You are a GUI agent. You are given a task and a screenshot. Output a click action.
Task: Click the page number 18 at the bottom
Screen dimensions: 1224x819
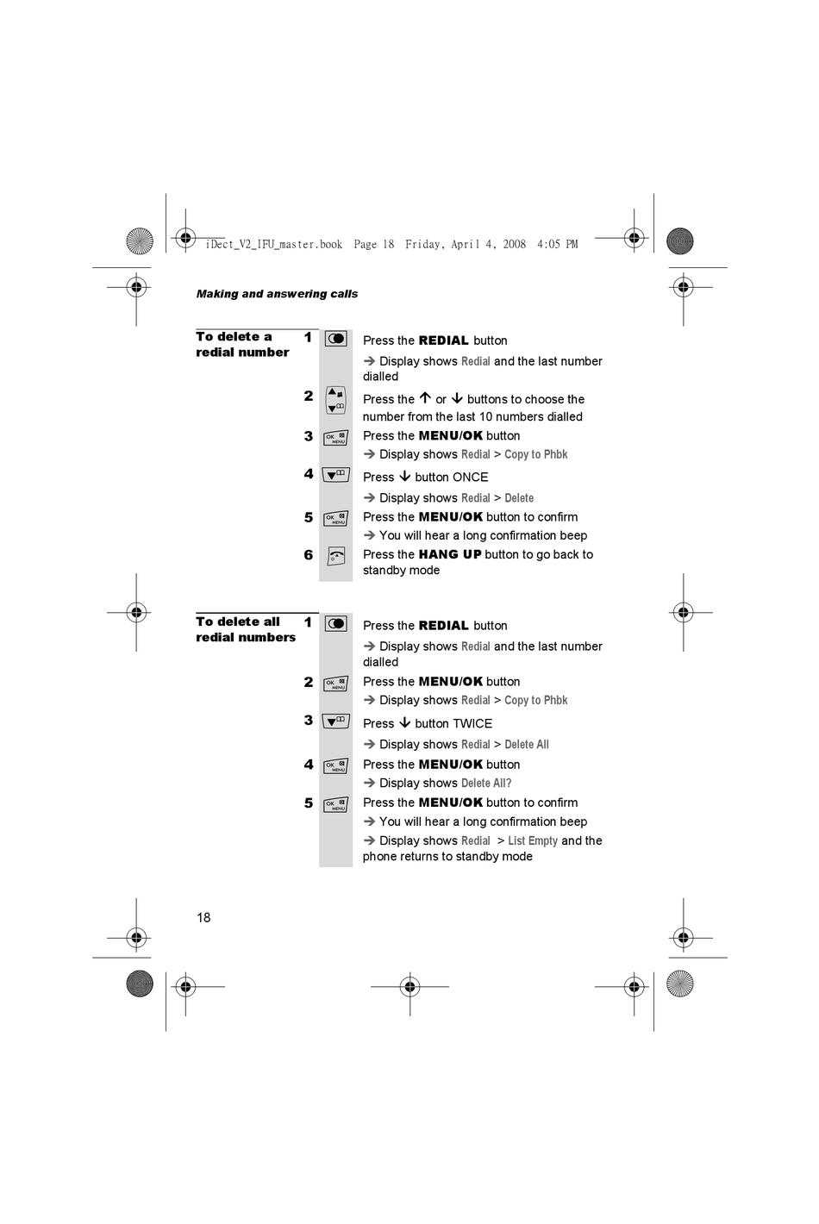[x=203, y=917]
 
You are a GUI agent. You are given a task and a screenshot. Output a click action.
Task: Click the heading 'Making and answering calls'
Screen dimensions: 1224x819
[x=277, y=294]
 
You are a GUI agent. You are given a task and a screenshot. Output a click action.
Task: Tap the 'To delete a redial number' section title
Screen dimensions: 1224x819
[x=242, y=345]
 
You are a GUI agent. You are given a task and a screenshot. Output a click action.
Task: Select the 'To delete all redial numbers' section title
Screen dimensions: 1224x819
[x=246, y=629]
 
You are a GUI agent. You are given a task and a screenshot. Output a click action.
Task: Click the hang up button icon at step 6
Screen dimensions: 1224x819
[x=335, y=556]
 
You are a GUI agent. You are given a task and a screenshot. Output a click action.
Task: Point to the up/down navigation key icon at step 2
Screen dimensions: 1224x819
[x=335, y=400]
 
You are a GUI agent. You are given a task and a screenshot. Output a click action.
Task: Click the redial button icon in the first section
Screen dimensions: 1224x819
[x=335, y=339]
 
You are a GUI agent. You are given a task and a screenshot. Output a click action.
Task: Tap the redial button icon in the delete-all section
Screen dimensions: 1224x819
[x=335, y=623]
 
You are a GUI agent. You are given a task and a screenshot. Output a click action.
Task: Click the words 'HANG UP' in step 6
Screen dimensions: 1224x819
[x=449, y=554]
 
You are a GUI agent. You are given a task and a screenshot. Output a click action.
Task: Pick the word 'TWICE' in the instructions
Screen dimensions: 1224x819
[x=472, y=723]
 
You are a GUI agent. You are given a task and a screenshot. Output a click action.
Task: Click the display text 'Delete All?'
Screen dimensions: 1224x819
[x=486, y=783]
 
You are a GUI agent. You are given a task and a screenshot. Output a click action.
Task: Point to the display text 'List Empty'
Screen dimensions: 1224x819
[x=533, y=840]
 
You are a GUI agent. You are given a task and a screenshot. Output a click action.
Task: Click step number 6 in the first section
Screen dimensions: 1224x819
[x=308, y=555]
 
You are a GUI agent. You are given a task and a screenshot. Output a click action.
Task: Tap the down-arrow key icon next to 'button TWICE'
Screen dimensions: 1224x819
[x=335, y=721]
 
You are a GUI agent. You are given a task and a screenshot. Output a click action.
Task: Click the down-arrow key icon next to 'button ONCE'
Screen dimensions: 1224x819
[x=335, y=475]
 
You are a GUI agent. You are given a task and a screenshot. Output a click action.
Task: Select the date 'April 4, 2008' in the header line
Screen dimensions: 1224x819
[x=490, y=244]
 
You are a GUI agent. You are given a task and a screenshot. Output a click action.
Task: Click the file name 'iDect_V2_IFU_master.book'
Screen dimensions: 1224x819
[x=274, y=244]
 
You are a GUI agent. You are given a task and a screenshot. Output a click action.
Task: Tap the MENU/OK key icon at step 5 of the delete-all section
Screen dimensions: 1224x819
[x=335, y=805]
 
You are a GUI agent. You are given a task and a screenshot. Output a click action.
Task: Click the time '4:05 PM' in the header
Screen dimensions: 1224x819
[x=557, y=244]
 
